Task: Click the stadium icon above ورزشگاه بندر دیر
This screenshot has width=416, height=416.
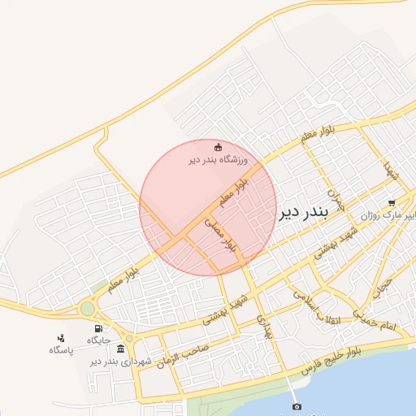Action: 218,147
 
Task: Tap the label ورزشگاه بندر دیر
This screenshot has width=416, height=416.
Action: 217,159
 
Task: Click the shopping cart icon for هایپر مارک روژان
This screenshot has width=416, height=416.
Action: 392,203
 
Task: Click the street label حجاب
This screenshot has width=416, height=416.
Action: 382,287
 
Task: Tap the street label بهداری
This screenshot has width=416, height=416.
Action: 262,327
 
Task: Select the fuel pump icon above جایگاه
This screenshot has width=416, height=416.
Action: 98,328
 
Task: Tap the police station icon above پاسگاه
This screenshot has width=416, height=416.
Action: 60,338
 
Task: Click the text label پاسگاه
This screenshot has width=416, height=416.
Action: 60,350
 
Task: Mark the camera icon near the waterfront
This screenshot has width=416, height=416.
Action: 297,406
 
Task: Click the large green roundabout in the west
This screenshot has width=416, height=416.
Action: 87,309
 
